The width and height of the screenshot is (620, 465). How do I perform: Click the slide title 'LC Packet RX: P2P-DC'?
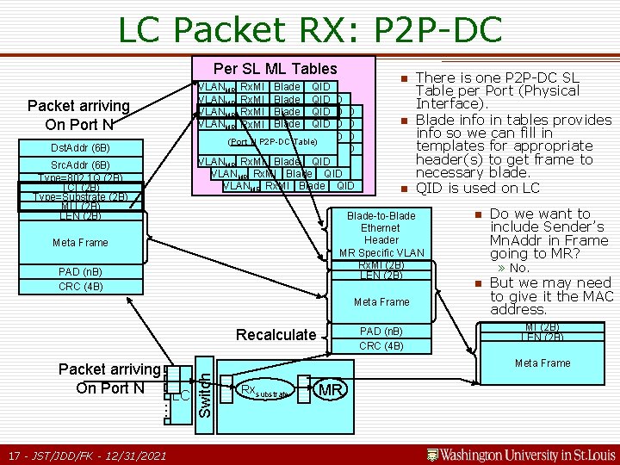point(309,29)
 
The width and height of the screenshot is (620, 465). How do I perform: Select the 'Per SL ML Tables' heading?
point(276,69)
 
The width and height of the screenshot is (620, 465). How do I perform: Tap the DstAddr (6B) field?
point(80,147)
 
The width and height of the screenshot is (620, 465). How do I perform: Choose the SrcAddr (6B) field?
point(80,164)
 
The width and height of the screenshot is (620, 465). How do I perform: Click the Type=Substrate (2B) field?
point(80,196)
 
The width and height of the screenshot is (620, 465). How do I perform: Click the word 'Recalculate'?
point(276,335)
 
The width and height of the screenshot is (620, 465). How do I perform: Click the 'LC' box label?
point(179,394)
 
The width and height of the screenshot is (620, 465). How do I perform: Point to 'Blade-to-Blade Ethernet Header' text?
point(381,227)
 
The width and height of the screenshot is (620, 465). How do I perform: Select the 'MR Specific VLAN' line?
point(381,252)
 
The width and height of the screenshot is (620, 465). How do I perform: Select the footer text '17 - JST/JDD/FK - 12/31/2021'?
point(86,455)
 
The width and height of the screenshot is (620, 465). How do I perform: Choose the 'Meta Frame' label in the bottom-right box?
point(542,363)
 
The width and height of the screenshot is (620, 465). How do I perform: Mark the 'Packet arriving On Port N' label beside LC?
point(109,379)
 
